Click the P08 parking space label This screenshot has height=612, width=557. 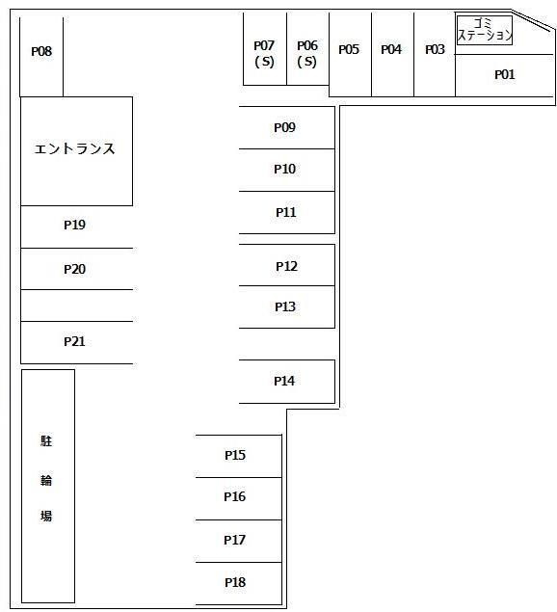(x=41, y=51)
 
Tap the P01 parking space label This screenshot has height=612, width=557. (x=505, y=74)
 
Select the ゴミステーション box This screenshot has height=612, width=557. (x=485, y=30)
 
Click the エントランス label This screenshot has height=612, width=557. (x=74, y=148)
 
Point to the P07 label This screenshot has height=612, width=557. (x=264, y=45)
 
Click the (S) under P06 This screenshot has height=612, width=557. (x=306, y=62)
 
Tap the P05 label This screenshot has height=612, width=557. (x=349, y=49)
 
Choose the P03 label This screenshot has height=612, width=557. (x=435, y=49)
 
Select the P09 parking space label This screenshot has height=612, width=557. (x=284, y=127)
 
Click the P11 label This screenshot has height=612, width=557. (x=286, y=212)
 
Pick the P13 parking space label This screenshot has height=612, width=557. (x=285, y=306)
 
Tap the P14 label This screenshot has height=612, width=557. (x=284, y=381)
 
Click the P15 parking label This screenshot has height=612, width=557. (x=235, y=455)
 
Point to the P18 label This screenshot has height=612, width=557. (x=235, y=582)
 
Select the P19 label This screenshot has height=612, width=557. (x=74, y=225)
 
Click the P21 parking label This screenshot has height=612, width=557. (x=74, y=341)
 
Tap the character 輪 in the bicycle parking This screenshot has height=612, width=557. (x=46, y=480)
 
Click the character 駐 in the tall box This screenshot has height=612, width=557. (x=46, y=441)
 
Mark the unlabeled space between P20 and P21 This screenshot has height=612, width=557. (x=76, y=306)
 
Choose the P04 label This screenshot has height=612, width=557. (x=391, y=49)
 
